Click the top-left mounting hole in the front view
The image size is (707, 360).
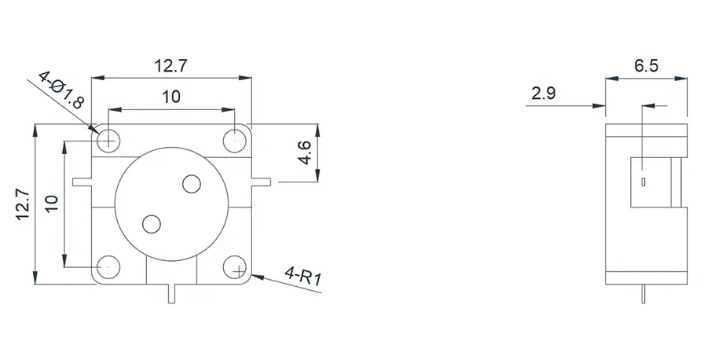[x=108, y=140]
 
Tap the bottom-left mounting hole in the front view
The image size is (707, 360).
[x=108, y=267]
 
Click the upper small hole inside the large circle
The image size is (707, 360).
[x=191, y=185]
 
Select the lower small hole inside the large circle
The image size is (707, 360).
[x=152, y=223]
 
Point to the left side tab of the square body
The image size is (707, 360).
[x=81, y=183]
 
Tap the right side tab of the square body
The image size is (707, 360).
[x=263, y=183]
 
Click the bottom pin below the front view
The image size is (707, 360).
[x=172, y=292]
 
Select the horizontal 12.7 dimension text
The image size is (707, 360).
[x=171, y=67]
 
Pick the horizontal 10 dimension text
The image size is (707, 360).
[x=171, y=97]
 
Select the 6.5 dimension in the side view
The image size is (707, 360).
[x=645, y=67]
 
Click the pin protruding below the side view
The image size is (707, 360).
[x=643, y=294]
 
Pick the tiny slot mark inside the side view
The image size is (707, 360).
[x=643, y=182]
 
